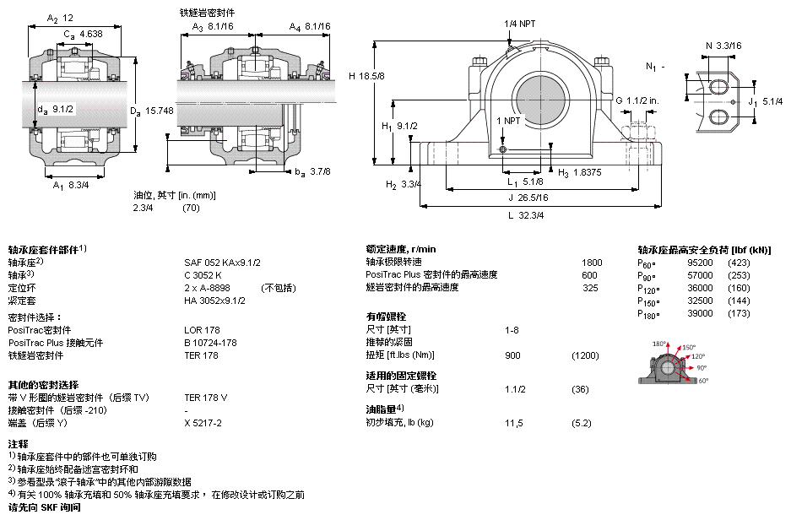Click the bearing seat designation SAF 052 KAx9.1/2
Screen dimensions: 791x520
(222, 263)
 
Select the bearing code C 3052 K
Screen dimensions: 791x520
(203, 275)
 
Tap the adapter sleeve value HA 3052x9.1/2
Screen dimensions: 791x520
(214, 300)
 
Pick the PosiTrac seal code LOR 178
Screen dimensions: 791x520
(202, 330)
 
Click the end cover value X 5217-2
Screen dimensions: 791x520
(203, 423)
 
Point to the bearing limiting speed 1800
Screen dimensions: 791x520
(592, 263)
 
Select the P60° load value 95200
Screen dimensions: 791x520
(700, 263)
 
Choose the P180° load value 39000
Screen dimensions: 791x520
(700, 313)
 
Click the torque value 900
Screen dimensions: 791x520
(512, 355)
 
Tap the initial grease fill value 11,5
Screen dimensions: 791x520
(513, 423)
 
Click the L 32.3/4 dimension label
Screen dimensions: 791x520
(526, 215)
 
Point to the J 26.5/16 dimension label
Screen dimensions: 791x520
(528, 198)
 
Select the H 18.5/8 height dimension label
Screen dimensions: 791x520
(366, 76)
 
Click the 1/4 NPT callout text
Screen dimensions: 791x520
(520, 24)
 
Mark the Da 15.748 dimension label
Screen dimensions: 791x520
(151, 111)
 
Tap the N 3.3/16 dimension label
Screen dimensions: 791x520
(723, 46)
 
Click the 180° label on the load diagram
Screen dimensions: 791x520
(658, 344)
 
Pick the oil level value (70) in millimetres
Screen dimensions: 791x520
(191, 208)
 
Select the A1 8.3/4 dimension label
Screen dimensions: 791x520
(71, 186)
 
